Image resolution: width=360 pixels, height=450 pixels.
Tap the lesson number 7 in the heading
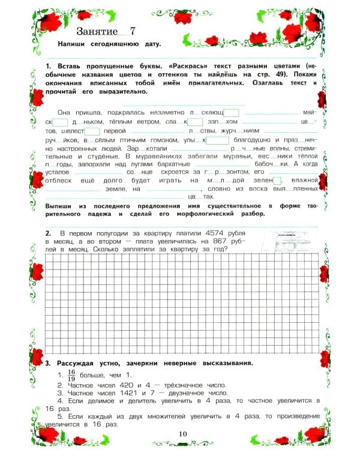(133, 31)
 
